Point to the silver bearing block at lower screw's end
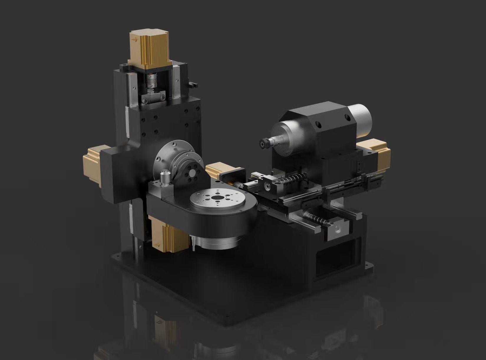[339, 229]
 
